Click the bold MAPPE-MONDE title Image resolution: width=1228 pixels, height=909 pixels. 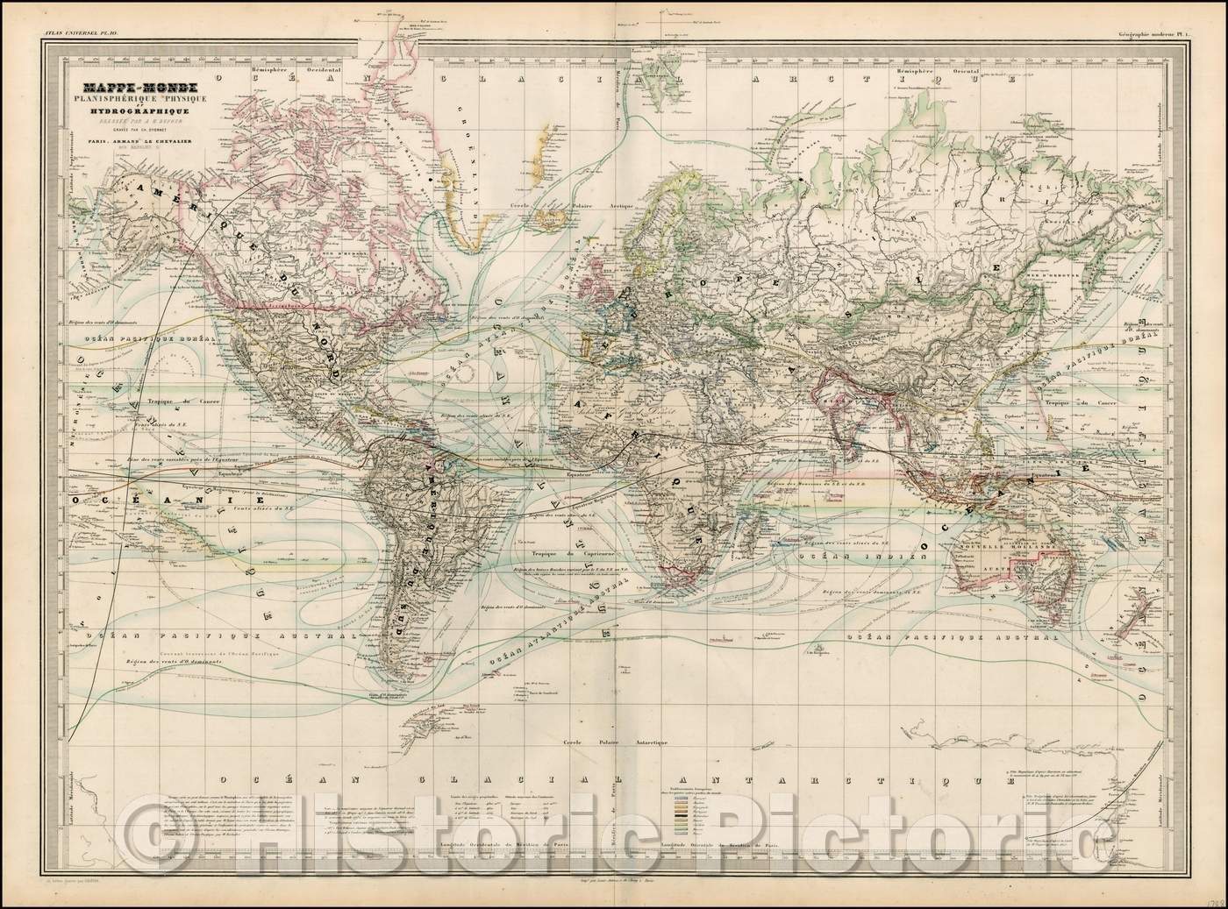pyautogui.click(x=141, y=88)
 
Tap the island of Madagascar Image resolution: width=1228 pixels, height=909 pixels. pyautogui.click(x=760, y=533)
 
